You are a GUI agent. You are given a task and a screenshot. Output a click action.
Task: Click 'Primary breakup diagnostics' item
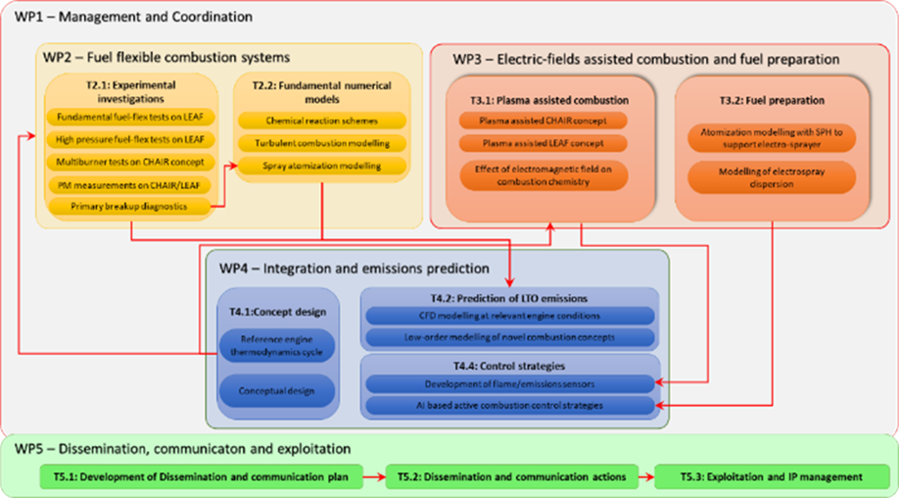point(129,206)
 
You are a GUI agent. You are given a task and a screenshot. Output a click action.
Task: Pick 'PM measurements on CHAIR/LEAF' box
point(129,183)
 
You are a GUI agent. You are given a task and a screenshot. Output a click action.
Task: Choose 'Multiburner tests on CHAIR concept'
point(129,161)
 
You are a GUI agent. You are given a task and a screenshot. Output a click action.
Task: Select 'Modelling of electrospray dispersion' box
point(772,177)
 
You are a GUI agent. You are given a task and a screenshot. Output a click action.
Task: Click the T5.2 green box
point(511,477)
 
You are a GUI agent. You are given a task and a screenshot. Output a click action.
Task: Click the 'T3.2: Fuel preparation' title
point(772,100)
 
